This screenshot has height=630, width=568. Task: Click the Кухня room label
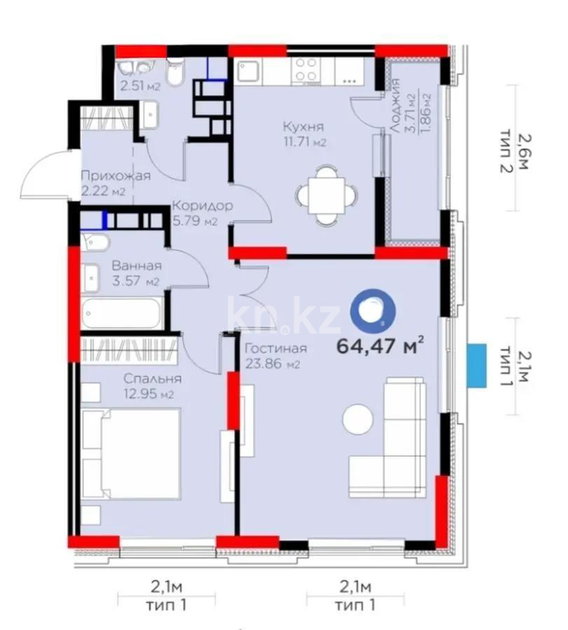pos(303,127)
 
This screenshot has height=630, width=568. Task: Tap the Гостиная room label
pos(276,349)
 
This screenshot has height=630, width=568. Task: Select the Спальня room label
pos(139,379)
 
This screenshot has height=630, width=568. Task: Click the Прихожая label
pos(115,176)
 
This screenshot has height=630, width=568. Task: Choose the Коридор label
pos(202,206)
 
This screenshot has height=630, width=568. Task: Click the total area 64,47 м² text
pos(380,345)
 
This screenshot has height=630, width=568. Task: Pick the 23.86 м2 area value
pos(273,364)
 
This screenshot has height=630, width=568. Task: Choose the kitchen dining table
pos(325,194)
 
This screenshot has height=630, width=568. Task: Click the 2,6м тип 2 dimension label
pos(519,147)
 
